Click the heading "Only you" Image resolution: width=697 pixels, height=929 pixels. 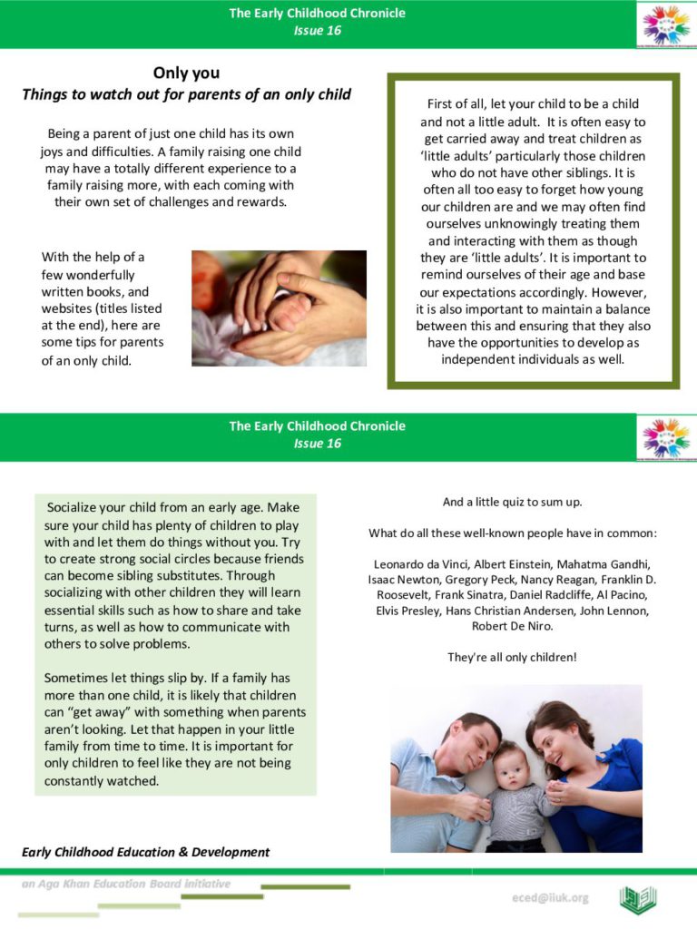(x=186, y=73)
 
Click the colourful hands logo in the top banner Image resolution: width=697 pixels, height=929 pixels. (x=665, y=24)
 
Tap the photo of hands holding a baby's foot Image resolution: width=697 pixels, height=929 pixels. (x=279, y=308)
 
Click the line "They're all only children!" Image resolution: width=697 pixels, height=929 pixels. (x=512, y=657)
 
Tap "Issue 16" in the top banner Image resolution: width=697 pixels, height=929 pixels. (x=317, y=30)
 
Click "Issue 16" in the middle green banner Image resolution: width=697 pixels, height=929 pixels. (x=317, y=443)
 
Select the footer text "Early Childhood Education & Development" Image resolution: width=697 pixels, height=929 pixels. (x=146, y=852)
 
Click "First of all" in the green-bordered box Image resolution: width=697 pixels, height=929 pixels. (x=460, y=104)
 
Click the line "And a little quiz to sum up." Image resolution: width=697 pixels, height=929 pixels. (x=512, y=502)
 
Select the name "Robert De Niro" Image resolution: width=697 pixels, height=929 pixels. (x=512, y=626)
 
